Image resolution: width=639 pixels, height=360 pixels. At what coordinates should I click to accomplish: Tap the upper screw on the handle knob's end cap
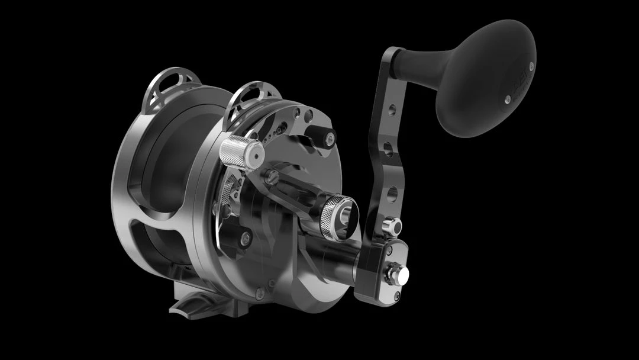(532, 65)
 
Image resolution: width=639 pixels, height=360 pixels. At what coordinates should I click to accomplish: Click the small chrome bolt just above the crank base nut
(391, 226)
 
